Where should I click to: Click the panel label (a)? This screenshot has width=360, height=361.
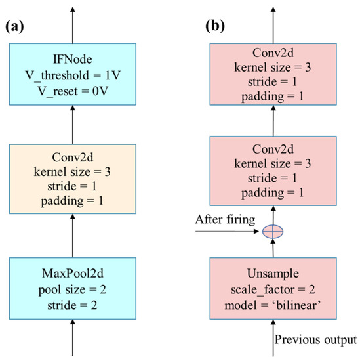(16, 28)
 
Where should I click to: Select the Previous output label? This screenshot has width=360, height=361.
(314, 340)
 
